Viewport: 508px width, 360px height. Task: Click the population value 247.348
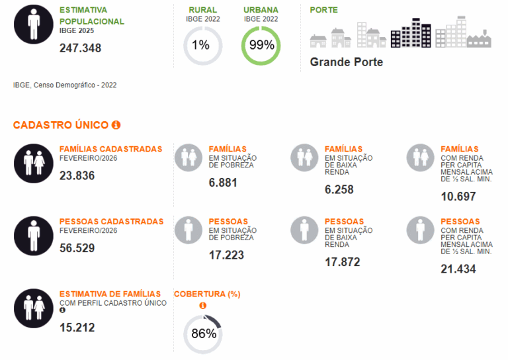click(80, 48)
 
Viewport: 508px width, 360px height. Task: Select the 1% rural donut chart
click(202, 46)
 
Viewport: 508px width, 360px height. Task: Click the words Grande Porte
click(346, 62)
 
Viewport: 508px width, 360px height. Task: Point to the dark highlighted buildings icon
click(411, 33)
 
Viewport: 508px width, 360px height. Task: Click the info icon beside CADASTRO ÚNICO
click(116, 124)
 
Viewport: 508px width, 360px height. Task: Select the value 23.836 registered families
click(77, 175)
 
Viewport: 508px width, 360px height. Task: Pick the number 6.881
click(223, 183)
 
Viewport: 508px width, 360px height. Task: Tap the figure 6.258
click(339, 189)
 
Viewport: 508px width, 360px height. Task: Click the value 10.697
click(458, 197)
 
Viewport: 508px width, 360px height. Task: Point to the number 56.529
click(77, 248)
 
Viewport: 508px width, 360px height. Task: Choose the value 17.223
click(226, 255)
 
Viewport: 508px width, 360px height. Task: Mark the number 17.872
click(343, 262)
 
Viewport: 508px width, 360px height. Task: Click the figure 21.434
click(458, 269)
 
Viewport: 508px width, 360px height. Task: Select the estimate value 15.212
click(77, 327)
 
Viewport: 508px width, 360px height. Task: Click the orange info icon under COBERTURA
click(202, 305)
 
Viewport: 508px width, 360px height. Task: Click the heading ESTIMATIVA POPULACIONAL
click(91, 16)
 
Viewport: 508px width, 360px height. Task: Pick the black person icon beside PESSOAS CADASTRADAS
click(34, 235)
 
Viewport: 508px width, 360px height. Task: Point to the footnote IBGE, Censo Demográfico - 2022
click(65, 85)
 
